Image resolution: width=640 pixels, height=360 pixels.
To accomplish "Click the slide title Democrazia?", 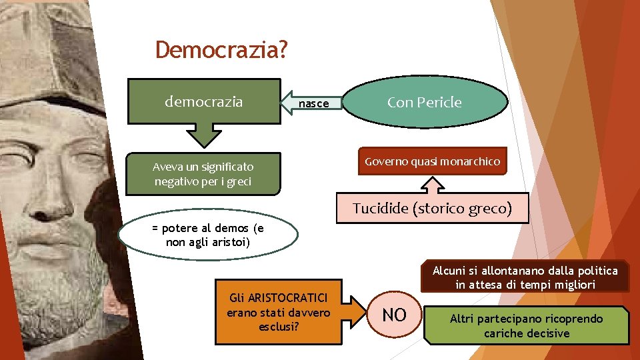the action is [221, 50].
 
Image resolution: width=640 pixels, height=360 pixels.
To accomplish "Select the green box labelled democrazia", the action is [204, 101].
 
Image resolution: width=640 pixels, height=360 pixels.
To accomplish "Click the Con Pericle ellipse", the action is [425, 102].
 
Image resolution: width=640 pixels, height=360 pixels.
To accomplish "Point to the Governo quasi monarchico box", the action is [432, 161].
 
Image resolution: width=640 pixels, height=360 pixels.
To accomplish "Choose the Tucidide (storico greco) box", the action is [432, 208].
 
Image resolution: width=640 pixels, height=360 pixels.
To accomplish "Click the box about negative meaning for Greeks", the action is [203, 174].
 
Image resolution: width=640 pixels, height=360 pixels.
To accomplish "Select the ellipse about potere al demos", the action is [208, 235].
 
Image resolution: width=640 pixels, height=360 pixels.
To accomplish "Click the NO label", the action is [395, 315].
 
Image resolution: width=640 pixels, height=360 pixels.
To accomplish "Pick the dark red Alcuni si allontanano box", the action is [525, 277].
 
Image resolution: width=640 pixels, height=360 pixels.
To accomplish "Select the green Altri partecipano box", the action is [526, 325].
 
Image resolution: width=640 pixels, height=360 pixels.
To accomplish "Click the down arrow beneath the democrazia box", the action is [203, 134].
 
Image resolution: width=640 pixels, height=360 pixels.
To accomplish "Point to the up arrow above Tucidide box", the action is [434, 184].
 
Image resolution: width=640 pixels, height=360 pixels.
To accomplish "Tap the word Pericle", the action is [442, 102].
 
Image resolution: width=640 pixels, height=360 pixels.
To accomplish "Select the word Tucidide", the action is [380, 208].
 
